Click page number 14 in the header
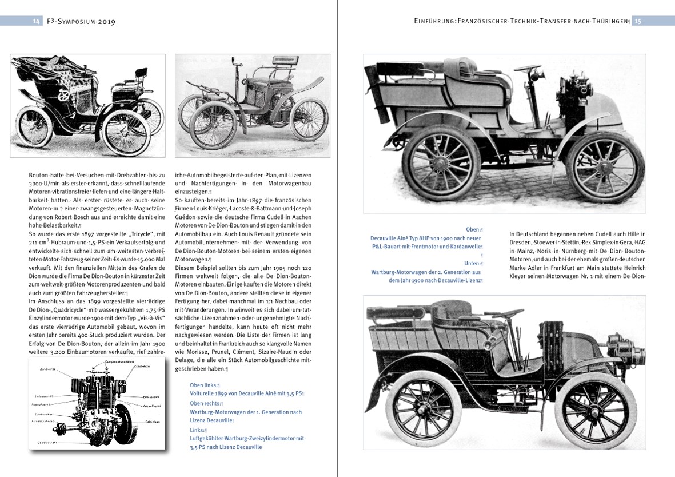click(x=36, y=21)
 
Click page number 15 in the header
click(x=638, y=21)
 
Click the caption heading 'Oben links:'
click(x=204, y=385)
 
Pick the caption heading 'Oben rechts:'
click(x=206, y=403)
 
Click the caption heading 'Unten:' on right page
click(x=474, y=264)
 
